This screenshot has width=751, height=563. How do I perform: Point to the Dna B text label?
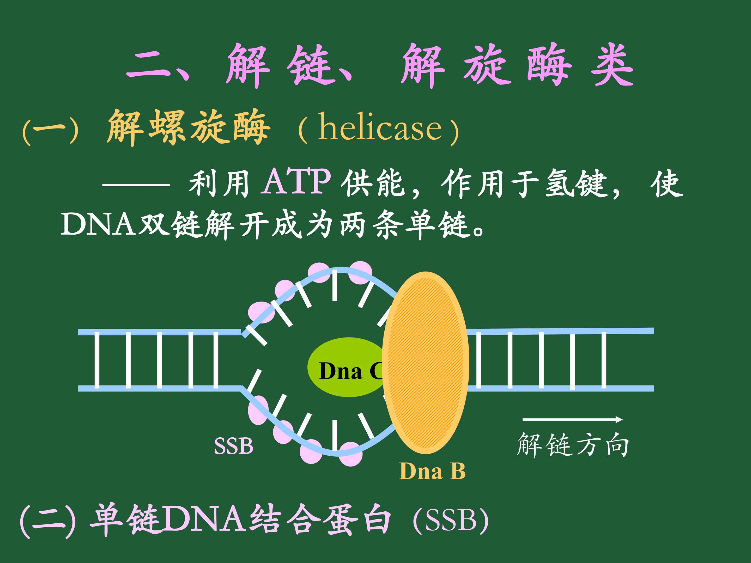432,471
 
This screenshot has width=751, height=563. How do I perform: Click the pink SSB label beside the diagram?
234,446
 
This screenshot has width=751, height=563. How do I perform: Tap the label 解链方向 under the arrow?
573,445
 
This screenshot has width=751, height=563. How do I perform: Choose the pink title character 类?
612,64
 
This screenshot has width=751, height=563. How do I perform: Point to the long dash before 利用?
136,185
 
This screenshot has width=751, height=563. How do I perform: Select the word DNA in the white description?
98,224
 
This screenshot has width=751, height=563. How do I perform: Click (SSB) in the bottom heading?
451,521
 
